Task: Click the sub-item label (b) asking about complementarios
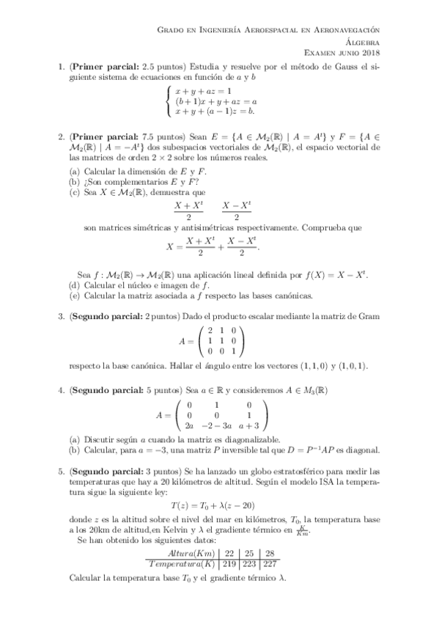pyautogui.click(x=74, y=182)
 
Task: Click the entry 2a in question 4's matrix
pyautogui.click(x=190, y=425)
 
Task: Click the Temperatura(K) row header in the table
pyautogui.click(x=180, y=563)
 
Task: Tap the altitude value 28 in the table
pyautogui.click(x=270, y=552)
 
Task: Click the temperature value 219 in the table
pyautogui.click(x=230, y=563)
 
